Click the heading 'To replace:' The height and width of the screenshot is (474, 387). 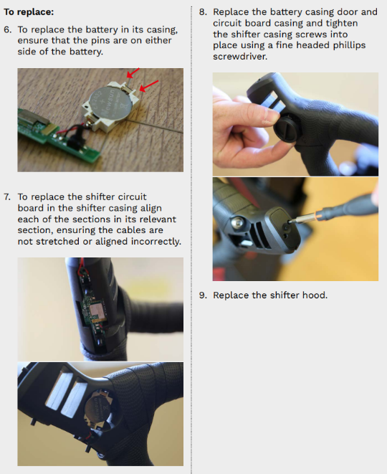click(x=29, y=12)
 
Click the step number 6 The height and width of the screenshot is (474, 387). click(x=8, y=29)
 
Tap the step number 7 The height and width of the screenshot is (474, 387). click(x=7, y=196)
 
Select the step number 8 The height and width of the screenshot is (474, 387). click(x=203, y=12)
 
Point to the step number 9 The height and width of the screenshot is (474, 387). click(x=203, y=295)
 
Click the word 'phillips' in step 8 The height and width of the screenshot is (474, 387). click(x=349, y=45)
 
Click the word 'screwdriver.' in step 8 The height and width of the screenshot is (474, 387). click(x=240, y=57)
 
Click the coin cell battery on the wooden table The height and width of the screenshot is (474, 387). click(x=110, y=105)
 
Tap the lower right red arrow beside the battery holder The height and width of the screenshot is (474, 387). click(x=149, y=85)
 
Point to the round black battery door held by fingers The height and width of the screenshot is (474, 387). click(x=285, y=129)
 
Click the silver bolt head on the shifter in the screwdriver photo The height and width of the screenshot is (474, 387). click(x=237, y=222)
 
